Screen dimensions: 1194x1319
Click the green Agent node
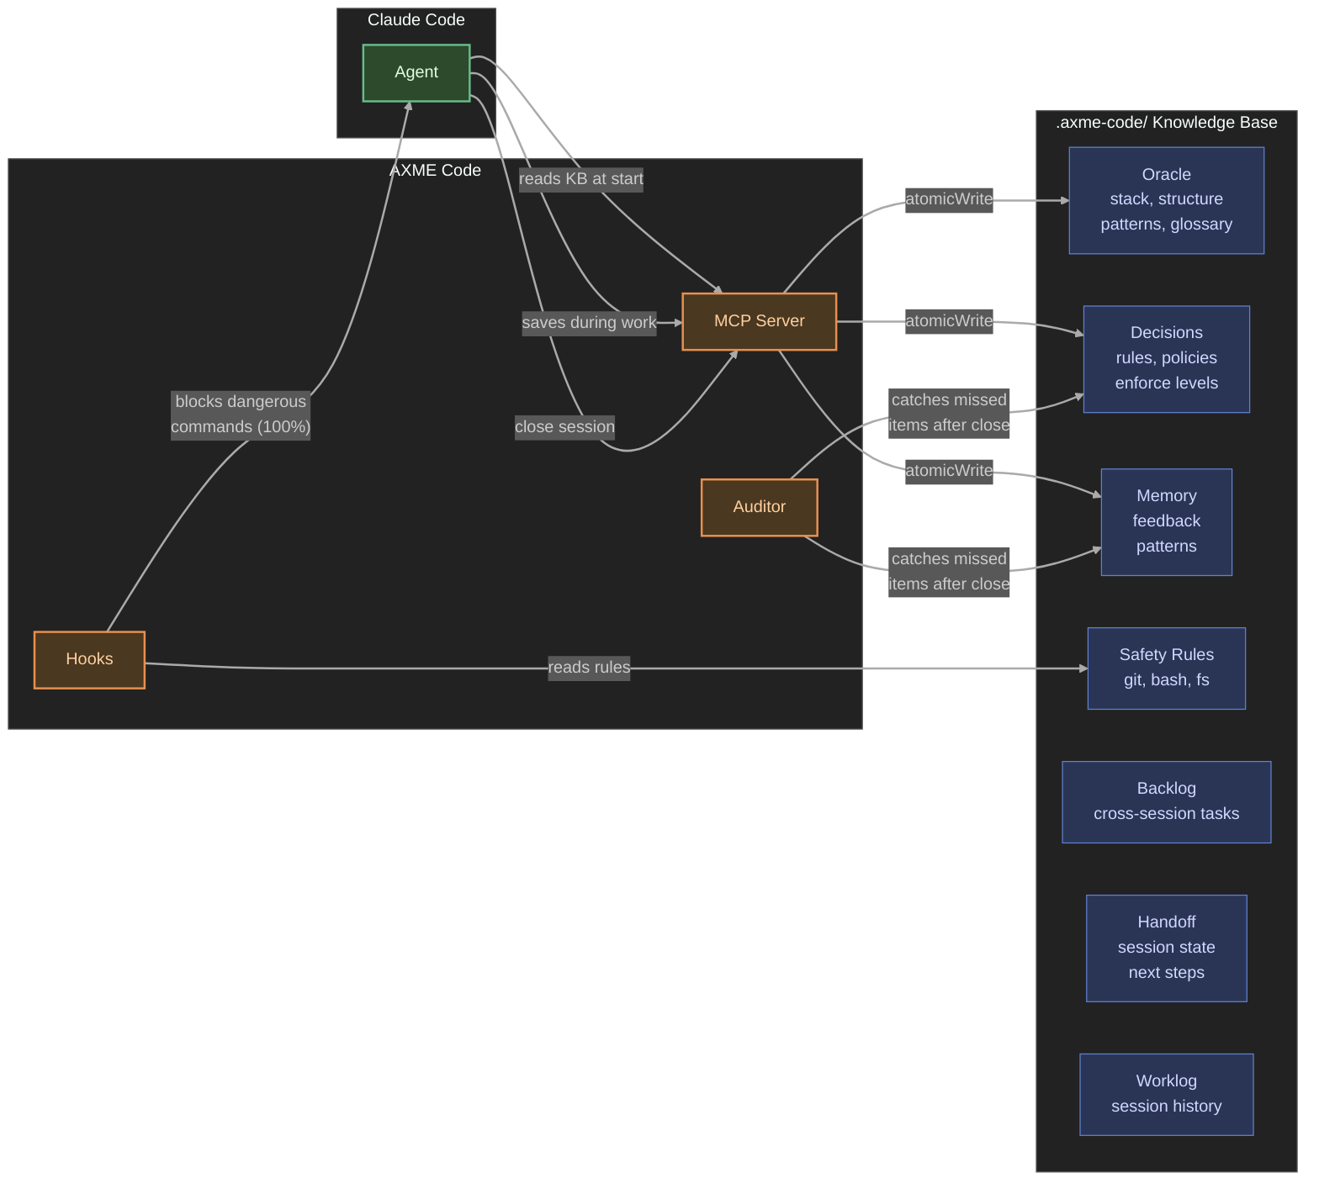coord(416,72)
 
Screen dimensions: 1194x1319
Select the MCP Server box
coord(759,321)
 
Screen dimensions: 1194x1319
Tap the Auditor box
coord(759,507)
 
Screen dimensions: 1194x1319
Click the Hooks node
coord(89,659)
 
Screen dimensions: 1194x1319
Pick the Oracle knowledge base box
coord(1166,200)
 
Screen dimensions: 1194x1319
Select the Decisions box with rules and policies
coord(1166,359)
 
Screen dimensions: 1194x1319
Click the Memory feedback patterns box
coord(1166,521)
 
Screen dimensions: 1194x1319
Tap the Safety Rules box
coord(1166,668)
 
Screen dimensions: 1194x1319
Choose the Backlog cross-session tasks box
coord(1166,801)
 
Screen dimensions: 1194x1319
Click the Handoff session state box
coord(1166,948)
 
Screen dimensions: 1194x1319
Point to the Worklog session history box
coord(1166,1094)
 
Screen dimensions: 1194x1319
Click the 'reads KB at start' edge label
coord(580,179)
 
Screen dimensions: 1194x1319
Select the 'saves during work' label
coord(589,323)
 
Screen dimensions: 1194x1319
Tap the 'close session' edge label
coord(564,427)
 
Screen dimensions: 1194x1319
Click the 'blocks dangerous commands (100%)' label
coord(241,415)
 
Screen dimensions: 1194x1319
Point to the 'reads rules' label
coord(589,668)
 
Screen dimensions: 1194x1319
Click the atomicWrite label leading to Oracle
coord(949,199)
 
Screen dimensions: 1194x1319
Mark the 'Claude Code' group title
coord(416,20)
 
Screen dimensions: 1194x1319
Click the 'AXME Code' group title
coord(435,171)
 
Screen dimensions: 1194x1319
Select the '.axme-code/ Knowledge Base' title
coord(1166,123)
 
